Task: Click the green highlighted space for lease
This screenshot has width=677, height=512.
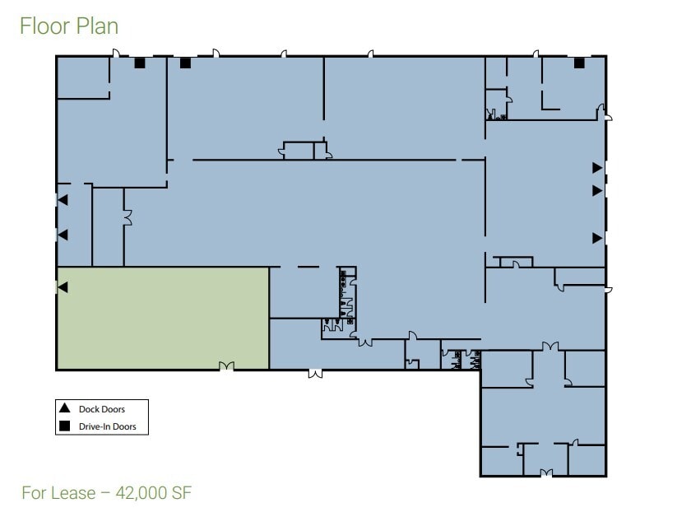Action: click(162, 317)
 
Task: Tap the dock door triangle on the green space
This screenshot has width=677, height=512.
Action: click(62, 287)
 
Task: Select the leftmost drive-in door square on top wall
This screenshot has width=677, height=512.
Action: click(140, 63)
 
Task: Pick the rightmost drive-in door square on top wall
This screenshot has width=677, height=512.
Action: click(579, 63)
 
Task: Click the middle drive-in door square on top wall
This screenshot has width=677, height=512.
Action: click(185, 63)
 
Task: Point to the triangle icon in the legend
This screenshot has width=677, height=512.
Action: click(64, 408)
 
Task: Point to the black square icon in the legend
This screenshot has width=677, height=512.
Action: click(64, 426)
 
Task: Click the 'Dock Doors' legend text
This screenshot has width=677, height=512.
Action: click(101, 409)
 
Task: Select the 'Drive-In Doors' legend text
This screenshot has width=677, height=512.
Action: click(107, 426)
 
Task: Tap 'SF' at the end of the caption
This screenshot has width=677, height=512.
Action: click(181, 493)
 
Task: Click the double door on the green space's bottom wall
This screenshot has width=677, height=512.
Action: click(225, 365)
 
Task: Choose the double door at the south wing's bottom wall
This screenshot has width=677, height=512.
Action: click(546, 472)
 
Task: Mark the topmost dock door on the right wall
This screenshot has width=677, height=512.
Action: click(598, 168)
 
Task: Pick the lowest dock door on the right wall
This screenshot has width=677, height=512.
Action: click(598, 238)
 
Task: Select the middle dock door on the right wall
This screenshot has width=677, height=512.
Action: click(598, 190)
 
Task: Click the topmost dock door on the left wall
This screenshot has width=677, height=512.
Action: click(62, 200)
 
